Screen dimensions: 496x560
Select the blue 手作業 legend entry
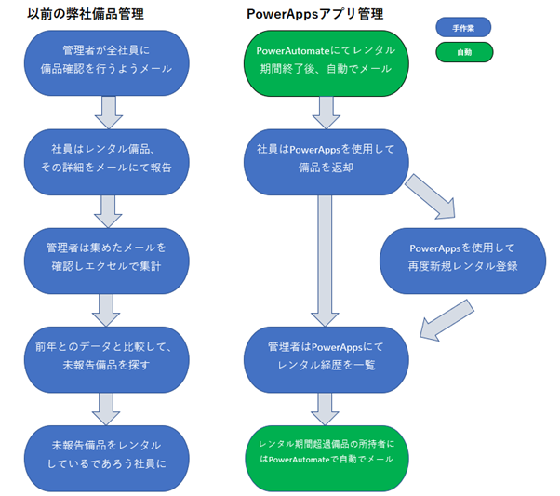pos(463,28)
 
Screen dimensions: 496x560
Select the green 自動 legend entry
pos(463,52)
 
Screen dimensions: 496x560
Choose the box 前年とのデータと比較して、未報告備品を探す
pos(108,355)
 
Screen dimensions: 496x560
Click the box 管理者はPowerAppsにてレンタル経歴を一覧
pos(326,355)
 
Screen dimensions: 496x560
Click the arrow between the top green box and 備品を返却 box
pos(326,110)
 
